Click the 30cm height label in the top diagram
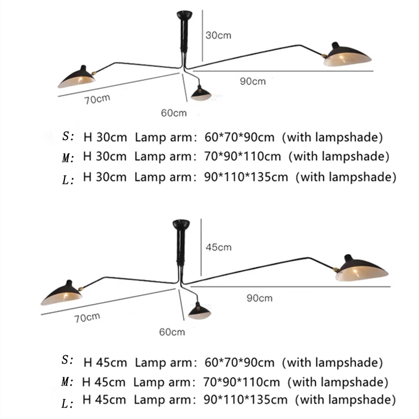click(218, 36)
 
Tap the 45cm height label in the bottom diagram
click(218, 247)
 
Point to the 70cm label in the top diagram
click(97, 99)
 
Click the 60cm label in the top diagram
click(174, 113)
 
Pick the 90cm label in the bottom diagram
click(259, 298)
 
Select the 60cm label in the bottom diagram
click(172, 332)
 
